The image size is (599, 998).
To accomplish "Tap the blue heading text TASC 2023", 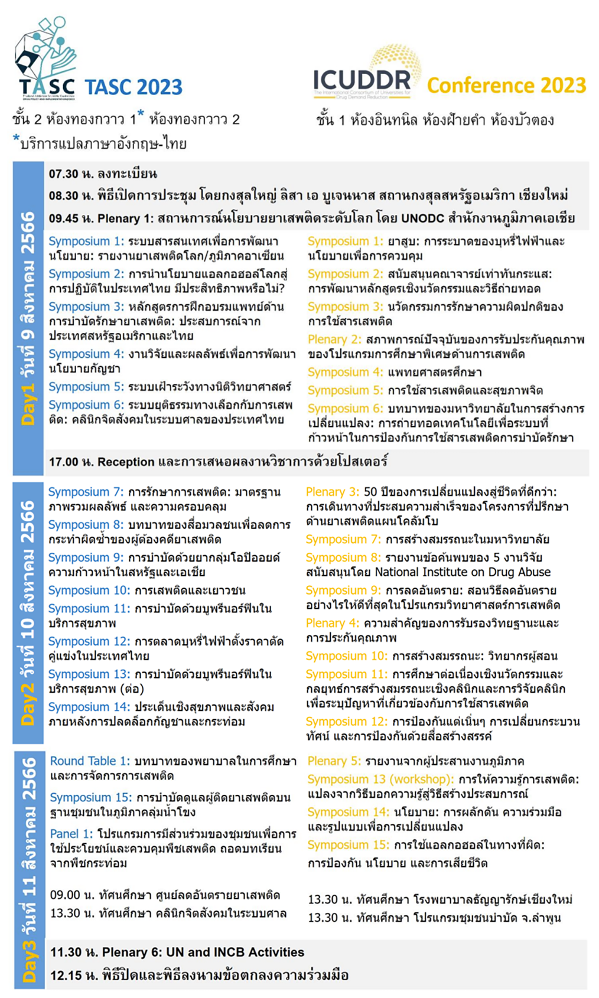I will [134, 87].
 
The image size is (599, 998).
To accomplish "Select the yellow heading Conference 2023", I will [506, 86].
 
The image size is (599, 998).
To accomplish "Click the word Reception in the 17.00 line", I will [126, 462].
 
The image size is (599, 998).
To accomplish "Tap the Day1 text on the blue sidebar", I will [28, 405].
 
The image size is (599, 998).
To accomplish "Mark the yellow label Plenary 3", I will [332, 492].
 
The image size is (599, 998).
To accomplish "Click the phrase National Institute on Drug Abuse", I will [463, 572].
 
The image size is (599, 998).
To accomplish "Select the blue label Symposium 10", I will [89, 591].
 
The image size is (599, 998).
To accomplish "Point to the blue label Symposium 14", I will [89, 707].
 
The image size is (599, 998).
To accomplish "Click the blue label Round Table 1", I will [90, 761].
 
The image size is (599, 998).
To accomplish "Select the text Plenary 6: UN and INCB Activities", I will [203, 952].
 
